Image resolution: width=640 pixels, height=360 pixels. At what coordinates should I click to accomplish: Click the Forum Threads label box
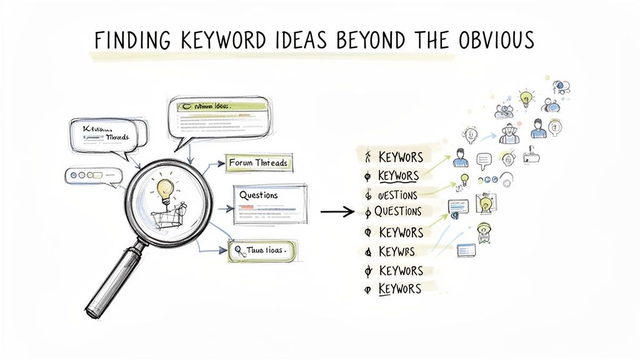click(258, 163)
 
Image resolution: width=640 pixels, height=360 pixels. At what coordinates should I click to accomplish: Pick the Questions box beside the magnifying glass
click(269, 203)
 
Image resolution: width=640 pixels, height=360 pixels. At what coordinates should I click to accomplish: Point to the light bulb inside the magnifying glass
click(165, 187)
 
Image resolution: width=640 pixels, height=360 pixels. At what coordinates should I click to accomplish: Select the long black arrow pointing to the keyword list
click(337, 211)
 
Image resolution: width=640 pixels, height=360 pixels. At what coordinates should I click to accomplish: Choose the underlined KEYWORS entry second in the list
click(398, 176)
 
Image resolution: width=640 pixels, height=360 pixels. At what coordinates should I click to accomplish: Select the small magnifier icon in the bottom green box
click(239, 251)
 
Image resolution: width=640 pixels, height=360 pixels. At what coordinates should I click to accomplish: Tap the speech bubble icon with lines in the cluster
click(485, 161)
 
